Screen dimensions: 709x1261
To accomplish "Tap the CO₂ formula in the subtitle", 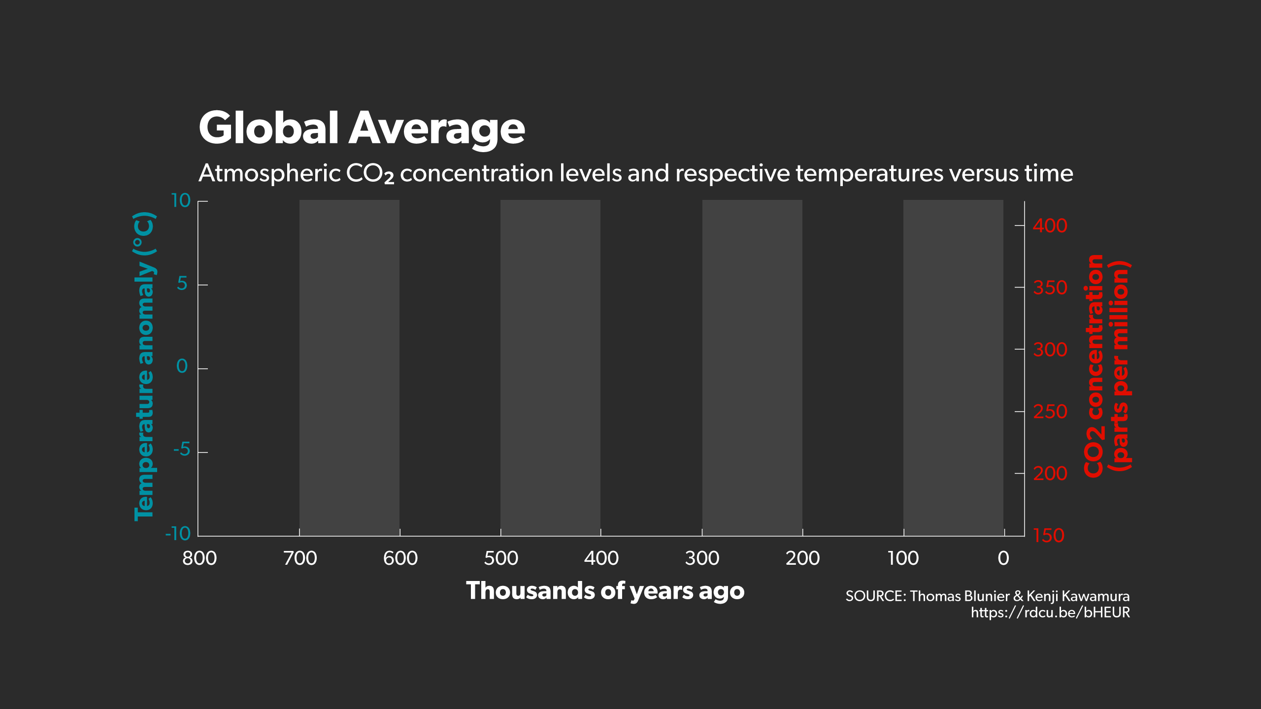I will [369, 173].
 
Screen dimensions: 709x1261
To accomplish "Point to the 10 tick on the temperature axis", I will [181, 201].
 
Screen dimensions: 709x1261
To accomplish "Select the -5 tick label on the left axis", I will [181, 450].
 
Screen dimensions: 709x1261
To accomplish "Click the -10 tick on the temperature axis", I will [178, 534].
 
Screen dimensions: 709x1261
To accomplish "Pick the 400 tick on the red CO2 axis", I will [1050, 226].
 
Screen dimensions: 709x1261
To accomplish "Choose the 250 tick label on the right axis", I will [1050, 412].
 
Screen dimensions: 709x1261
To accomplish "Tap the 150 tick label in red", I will [1049, 536].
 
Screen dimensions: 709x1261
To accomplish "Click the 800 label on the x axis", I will [199, 558].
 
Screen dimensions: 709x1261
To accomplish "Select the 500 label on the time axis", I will [501, 558].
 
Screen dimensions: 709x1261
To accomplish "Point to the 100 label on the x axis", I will [903, 558].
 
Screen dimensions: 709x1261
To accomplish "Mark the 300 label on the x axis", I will [702, 558].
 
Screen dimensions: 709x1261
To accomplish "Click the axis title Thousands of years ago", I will [605, 591].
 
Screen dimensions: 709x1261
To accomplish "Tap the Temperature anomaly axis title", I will [144, 366].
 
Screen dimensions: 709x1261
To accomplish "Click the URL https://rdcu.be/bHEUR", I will [1050, 612].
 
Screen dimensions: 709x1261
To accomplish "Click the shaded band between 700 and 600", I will [349, 367].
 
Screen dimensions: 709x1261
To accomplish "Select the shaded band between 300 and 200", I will [752, 367].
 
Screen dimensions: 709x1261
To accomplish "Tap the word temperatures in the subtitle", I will [869, 173].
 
